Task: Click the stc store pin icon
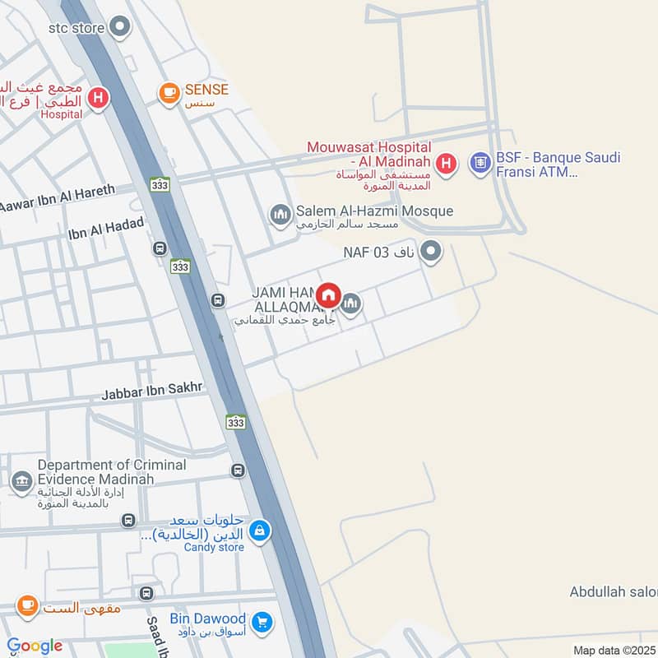point(121,28)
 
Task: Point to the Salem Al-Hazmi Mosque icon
point(280,216)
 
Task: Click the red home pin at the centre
point(329,294)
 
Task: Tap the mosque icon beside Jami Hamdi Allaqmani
point(351,305)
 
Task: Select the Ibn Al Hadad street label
point(106,228)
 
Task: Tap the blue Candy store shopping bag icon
point(260,531)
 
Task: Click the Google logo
point(35,646)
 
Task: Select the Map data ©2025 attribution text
point(613,651)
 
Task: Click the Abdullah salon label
point(613,592)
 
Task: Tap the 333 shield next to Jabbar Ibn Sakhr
point(236,421)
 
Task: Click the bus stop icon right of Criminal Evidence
point(238,470)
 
